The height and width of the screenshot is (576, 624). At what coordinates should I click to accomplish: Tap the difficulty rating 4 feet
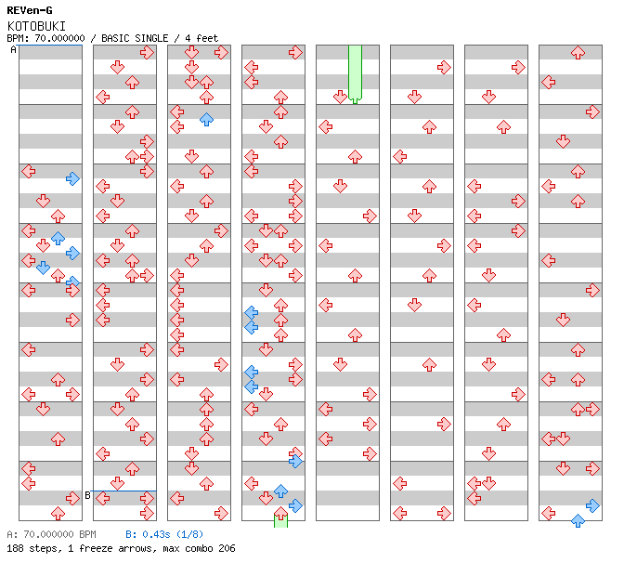[199, 38]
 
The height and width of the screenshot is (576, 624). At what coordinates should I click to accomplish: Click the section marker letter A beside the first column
[13, 50]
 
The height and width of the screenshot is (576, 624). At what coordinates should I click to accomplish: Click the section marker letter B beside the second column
[87, 495]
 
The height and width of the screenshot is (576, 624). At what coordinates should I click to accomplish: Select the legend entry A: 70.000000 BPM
[51, 534]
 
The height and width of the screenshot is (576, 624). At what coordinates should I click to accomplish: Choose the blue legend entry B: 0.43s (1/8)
[164, 534]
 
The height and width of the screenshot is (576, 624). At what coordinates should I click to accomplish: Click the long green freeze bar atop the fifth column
[355, 72]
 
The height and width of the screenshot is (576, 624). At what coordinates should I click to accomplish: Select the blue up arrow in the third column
[206, 119]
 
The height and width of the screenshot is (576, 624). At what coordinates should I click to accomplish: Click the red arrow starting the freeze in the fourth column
[280, 513]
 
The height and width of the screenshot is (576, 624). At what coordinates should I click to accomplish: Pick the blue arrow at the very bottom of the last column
[578, 520]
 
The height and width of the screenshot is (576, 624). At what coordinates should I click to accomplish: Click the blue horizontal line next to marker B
[124, 491]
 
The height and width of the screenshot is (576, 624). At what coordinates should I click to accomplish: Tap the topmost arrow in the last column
[578, 53]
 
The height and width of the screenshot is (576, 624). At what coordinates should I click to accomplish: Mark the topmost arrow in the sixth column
[444, 67]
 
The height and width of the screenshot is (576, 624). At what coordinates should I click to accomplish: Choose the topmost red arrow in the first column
[28, 171]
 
